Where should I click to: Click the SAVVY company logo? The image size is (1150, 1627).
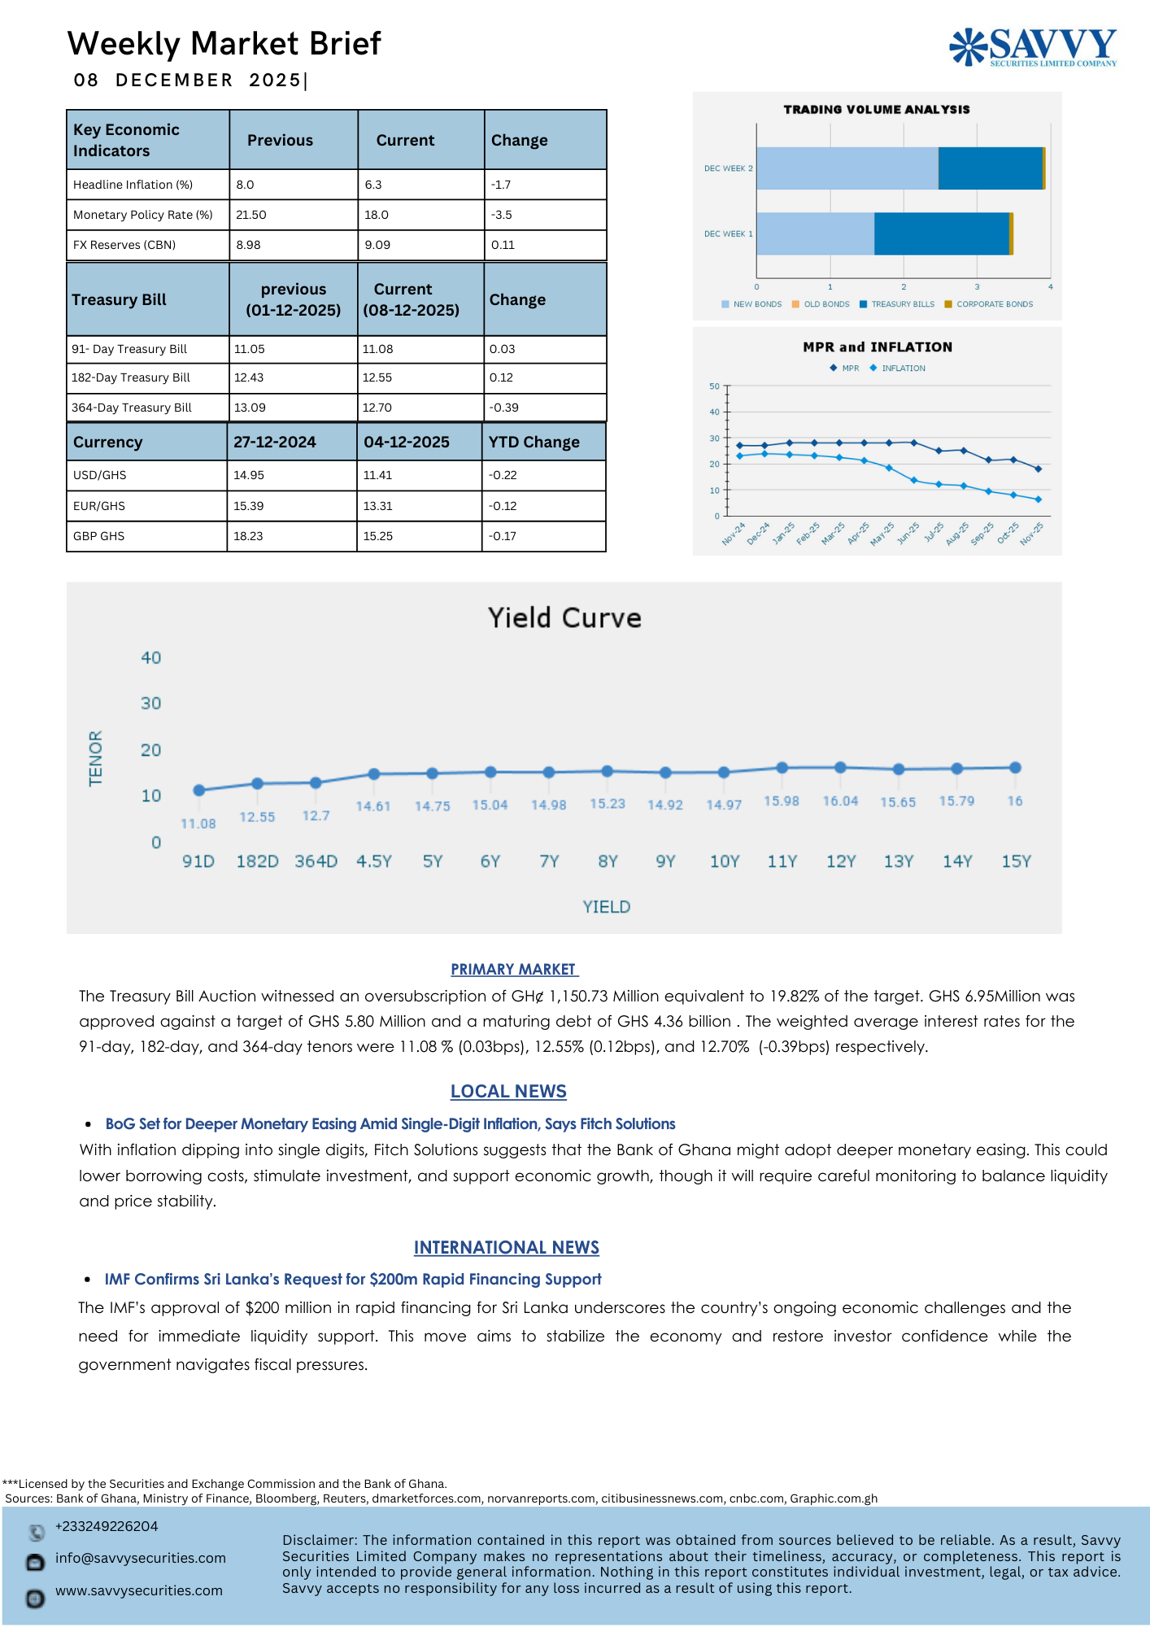point(1033,46)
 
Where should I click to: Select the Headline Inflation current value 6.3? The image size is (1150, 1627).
point(373,185)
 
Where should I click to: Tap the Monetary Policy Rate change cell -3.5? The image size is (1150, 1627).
point(502,215)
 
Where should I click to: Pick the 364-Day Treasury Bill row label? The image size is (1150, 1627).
point(132,408)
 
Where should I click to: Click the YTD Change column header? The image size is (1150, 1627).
point(534,442)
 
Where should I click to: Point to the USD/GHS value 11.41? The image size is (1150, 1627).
point(377,475)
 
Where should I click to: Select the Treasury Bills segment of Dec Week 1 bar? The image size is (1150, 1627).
point(941,233)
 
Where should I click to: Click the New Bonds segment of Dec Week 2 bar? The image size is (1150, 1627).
point(847,168)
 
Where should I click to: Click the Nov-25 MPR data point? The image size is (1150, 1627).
point(1038,469)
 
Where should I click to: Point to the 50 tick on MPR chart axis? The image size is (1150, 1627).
point(714,386)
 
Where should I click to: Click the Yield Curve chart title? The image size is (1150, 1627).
point(564,617)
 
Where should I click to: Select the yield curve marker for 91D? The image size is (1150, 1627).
point(199,790)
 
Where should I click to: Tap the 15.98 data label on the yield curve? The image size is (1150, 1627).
point(781,801)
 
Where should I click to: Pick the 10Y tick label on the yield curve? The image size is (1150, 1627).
point(724,861)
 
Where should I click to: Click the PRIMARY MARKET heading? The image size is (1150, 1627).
point(514,969)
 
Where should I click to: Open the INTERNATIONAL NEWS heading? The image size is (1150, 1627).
point(506,1247)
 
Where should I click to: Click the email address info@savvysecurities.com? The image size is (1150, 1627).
point(141,1558)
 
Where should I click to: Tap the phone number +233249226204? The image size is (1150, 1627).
point(107,1526)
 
